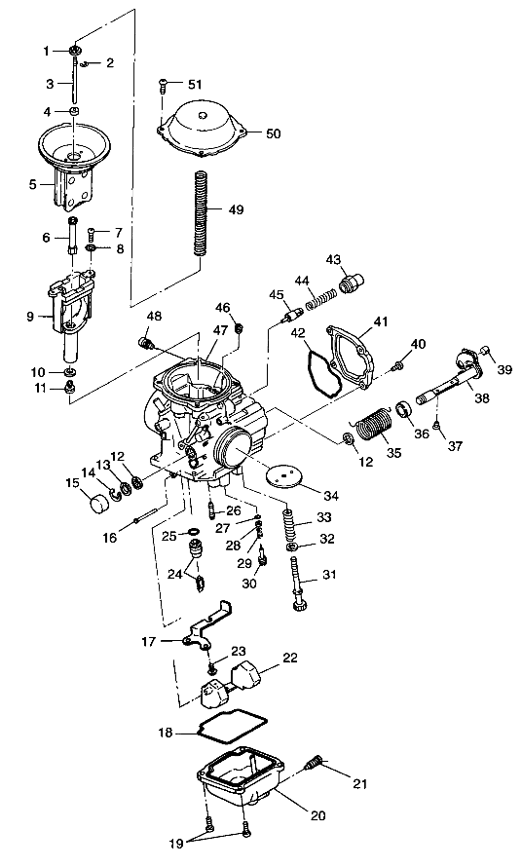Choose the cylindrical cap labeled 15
98,505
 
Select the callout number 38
481,397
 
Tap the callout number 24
173,574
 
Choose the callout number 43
333,259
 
